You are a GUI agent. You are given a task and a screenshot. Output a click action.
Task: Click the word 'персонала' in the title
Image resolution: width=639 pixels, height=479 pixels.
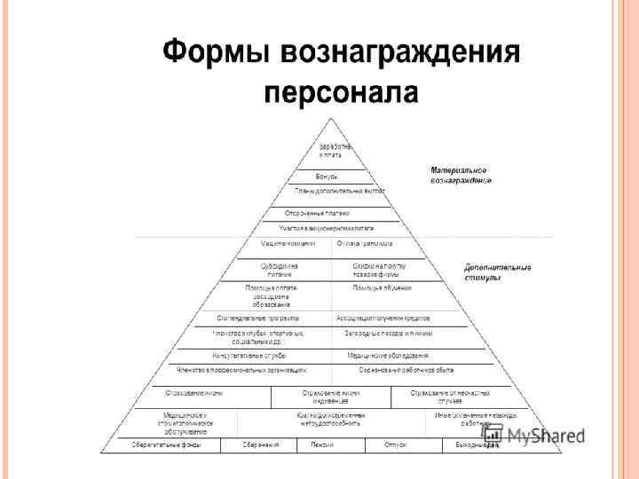pyautogui.click(x=341, y=90)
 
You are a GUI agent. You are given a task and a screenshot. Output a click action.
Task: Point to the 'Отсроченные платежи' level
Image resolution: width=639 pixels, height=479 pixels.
pyautogui.click(x=317, y=213)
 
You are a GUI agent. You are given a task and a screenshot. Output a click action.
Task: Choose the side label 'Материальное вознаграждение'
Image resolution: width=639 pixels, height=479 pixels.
pyautogui.click(x=461, y=174)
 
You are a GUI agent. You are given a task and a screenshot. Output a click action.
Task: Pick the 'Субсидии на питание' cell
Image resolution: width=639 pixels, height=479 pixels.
pyautogui.click(x=280, y=270)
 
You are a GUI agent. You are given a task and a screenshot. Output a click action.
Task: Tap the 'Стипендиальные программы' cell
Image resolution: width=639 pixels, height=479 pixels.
pyautogui.click(x=258, y=318)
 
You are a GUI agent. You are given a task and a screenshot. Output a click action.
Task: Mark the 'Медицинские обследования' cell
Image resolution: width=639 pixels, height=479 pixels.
pyautogui.click(x=387, y=355)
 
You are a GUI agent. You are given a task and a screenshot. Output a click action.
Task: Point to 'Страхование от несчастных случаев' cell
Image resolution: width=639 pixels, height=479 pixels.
pyautogui.click(x=449, y=395)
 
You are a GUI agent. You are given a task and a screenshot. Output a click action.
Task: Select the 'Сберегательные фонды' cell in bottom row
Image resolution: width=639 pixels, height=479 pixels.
pyautogui.click(x=169, y=444)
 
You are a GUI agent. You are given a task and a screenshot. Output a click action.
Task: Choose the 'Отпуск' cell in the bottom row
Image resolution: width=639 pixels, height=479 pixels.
pyautogui.click(x=396, y=444)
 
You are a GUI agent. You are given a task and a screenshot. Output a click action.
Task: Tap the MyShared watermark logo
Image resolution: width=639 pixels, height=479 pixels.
pyautogui.click(x=533, y=435)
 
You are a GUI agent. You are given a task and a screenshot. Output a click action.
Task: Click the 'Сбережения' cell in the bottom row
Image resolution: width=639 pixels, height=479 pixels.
pyautogui.click(x=261, y=444)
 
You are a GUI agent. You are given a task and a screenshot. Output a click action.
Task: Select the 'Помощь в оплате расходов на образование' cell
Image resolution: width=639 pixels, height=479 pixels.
pyautogui.click(x=272, y=296)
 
